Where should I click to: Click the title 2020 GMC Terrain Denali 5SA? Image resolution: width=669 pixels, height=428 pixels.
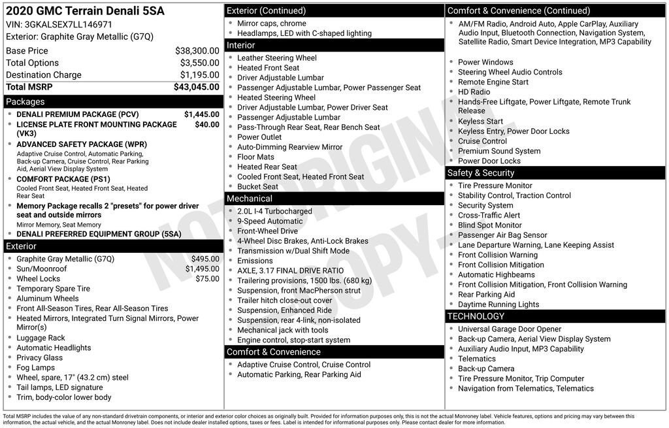85,10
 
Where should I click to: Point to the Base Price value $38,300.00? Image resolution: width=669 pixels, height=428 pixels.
197,51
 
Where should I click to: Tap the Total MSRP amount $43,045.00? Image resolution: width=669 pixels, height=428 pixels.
196,87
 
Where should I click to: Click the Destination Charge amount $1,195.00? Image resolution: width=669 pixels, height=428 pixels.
199,75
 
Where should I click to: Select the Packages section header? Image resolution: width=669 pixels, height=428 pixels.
25,102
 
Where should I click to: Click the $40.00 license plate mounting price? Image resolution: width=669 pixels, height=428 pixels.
207,124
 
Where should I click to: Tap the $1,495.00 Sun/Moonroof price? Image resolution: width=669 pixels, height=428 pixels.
202,269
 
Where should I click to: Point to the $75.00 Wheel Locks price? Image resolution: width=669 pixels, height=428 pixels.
207,278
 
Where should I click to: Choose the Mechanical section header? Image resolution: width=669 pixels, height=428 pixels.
250,199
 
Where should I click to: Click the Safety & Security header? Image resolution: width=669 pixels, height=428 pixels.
480,173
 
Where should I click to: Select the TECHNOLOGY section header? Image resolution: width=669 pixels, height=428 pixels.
476,317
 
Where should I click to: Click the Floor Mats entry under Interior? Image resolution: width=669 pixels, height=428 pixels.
255,157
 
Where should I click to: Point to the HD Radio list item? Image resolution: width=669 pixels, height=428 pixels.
474,92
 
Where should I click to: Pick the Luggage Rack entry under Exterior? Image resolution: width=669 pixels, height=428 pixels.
41,338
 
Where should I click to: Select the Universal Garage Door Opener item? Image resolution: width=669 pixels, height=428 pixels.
510,329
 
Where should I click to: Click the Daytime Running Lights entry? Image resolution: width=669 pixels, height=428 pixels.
498,305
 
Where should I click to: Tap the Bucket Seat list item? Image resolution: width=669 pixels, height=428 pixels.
257,186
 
